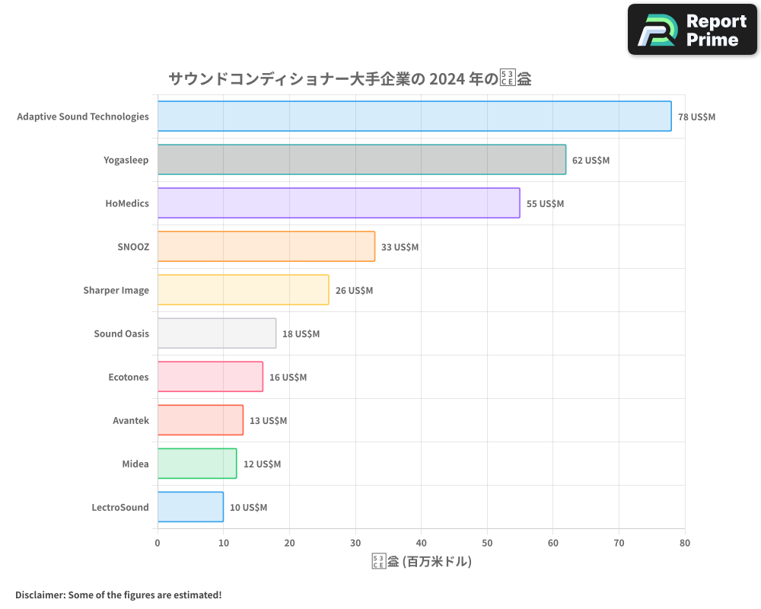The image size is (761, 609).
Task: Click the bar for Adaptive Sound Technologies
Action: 414,116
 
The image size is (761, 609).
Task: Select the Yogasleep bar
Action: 361,160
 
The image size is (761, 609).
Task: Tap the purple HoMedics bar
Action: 339,203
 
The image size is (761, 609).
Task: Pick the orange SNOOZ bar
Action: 266,247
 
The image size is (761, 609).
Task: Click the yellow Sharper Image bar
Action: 243,290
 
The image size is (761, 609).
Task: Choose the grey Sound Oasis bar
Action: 217,333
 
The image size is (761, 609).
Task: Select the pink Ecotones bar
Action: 210,377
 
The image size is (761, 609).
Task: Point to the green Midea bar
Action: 197,464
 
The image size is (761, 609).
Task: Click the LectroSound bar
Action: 190,507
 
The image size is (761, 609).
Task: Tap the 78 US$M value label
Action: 696,117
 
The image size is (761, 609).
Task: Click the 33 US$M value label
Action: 400,247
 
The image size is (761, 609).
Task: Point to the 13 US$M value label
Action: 268,421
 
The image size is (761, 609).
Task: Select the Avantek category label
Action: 131,420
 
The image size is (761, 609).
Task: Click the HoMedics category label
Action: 127,203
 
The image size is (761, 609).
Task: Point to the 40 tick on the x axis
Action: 422,543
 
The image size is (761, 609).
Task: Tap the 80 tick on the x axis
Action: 685,543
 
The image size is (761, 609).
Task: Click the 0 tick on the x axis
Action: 158,543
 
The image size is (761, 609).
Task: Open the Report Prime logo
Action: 692,30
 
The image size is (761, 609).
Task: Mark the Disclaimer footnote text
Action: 118,595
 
